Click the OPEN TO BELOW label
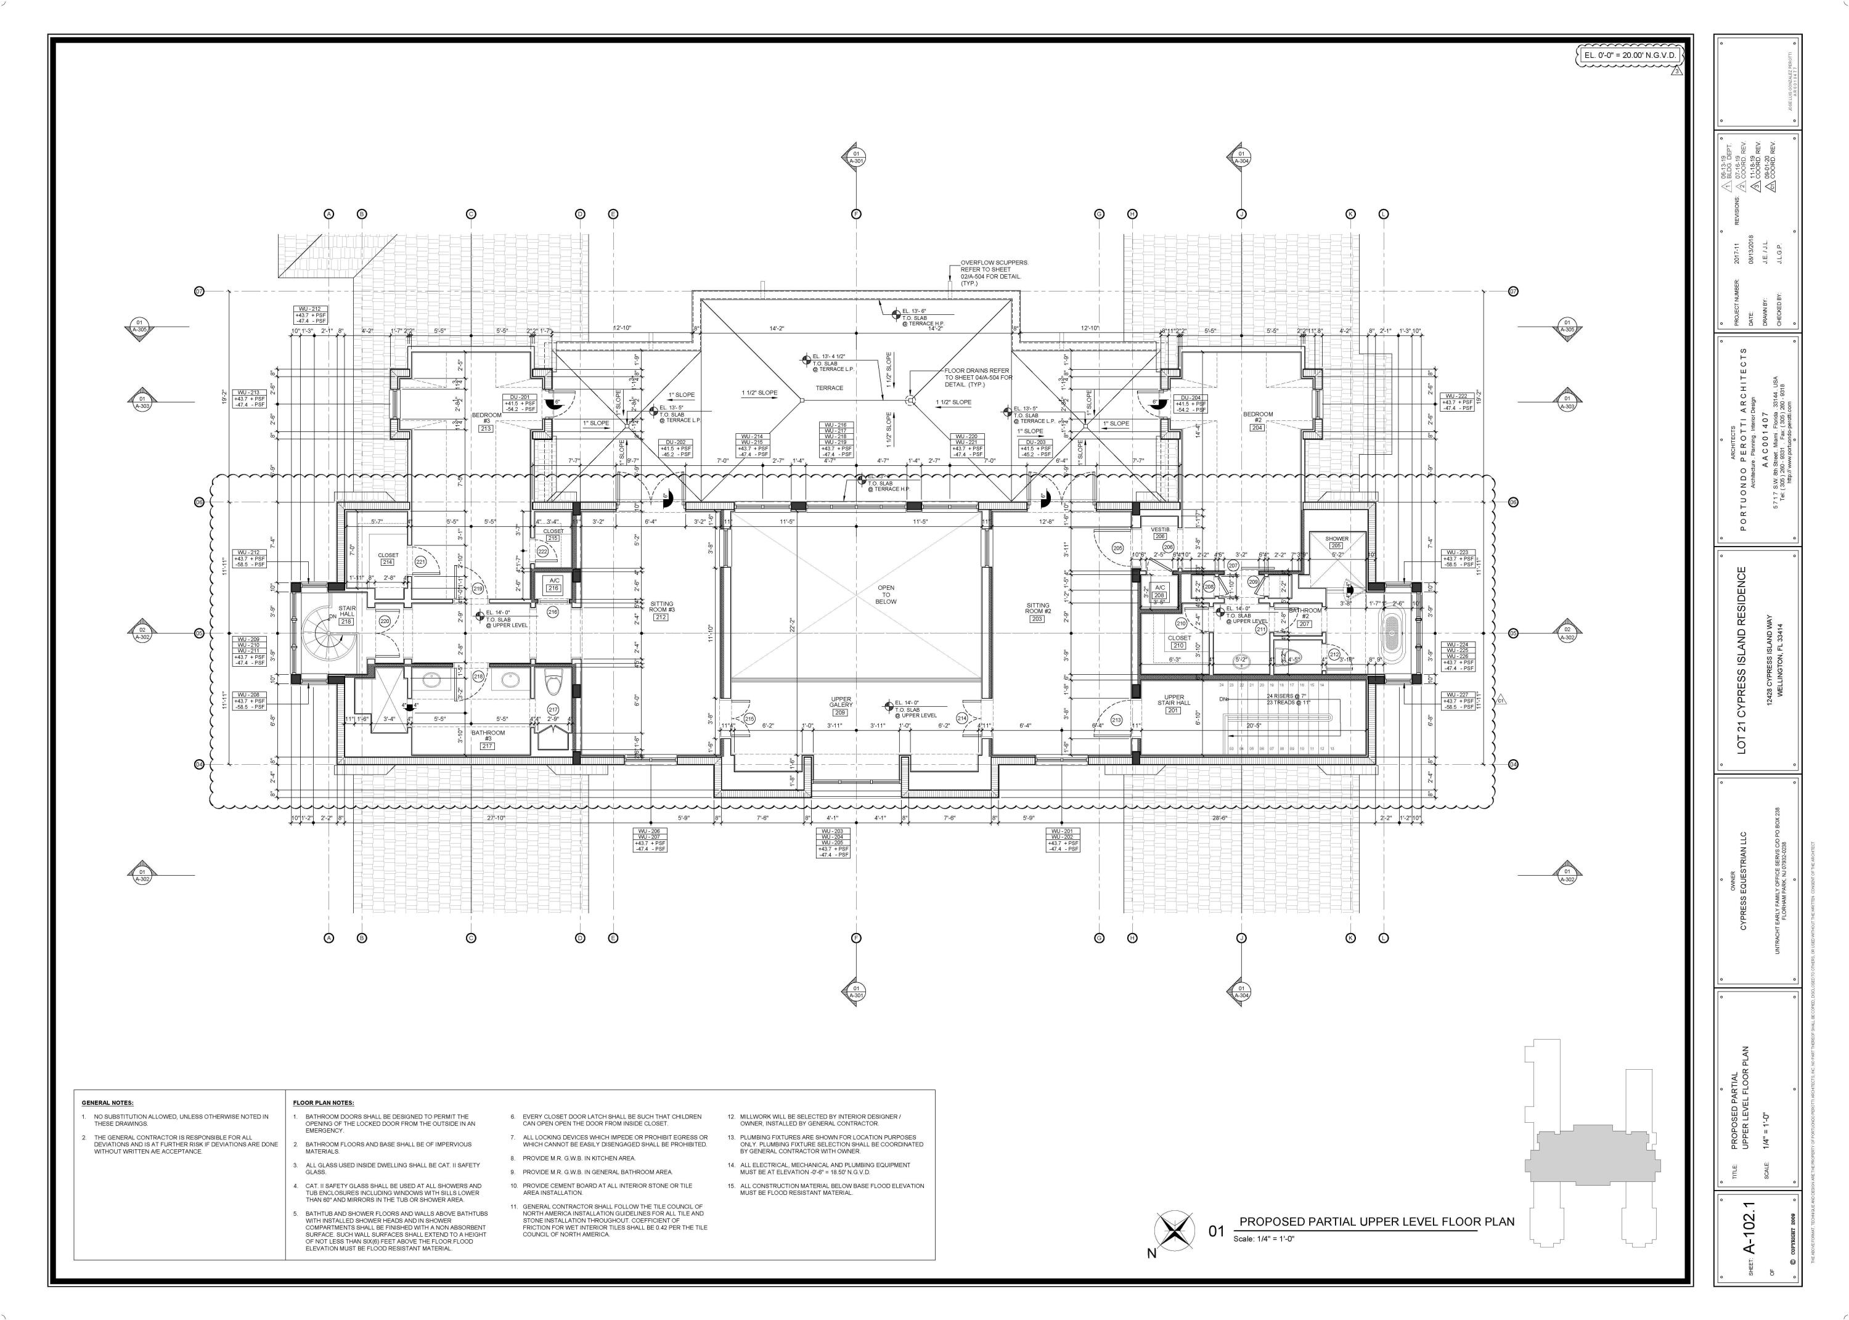[885, 594]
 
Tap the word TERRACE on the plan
[830, 388]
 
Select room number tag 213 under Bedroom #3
[486, 428]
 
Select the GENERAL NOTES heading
[108, 1103]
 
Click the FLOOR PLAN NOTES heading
[323, 1103]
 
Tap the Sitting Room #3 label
[661, 608]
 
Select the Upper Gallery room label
[841, 704]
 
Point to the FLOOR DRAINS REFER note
[978, 377]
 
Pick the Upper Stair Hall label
[1173, 701]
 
